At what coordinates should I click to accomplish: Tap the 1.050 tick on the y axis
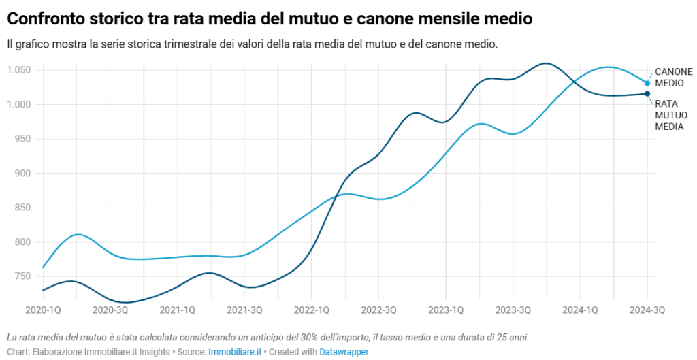coord(20,70)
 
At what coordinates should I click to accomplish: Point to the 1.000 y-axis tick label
coord(20,104)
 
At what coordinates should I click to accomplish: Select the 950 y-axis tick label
coord(25,139)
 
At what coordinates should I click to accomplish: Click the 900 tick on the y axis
coord(25,173)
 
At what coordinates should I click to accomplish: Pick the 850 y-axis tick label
coord(25,208)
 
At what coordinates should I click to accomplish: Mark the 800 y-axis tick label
coord(25,242)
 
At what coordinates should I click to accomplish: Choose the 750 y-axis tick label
coord(25,276)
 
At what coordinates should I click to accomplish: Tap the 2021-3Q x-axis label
coord(244,310)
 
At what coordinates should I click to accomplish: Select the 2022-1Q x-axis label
coord(312,310)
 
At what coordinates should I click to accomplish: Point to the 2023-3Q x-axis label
coord(513,310)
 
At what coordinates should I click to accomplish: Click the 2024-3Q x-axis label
coord(647,310)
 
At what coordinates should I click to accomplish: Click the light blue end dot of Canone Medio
coord(647,83)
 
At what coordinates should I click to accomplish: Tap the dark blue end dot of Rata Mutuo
coord(647,94)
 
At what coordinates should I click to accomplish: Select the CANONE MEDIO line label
coord(673,78)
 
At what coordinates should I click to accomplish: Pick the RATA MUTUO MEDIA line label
coord(669,115)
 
